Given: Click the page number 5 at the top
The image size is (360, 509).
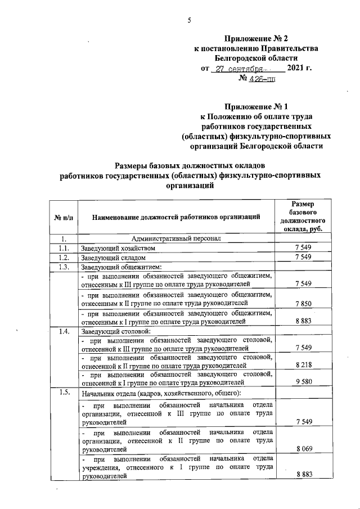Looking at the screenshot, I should click(x=189, y=21).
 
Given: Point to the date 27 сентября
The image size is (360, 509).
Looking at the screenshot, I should click(x=238, y=68).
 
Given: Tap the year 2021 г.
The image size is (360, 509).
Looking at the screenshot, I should click(x=299, y=68).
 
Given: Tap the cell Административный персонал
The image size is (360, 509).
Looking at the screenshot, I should click(x=175, y=238).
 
